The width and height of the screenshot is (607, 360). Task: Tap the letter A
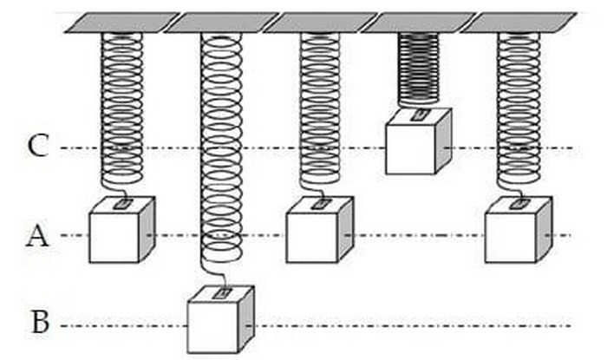tap(36, 235)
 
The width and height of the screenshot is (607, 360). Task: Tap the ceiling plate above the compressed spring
tap(416, 23)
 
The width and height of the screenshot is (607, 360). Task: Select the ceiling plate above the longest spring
tap(219, 23)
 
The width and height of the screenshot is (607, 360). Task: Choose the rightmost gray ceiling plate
tap(517, 23)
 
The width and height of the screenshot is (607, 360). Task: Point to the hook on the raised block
tap(418, 114)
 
